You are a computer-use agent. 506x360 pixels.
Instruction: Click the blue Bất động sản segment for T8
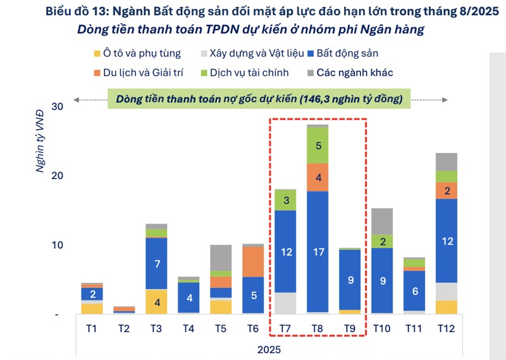click(x=318, y=251)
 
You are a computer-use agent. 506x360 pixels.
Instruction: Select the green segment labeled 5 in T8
click(x=318, y=146)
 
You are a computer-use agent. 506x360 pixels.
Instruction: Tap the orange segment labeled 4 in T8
click(x=318, y=177)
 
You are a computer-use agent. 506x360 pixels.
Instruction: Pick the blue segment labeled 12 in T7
click(x=285, y=251)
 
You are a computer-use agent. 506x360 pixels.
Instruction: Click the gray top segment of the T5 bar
click(x=221, y=258)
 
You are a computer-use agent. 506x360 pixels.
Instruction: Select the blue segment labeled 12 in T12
click(x=447, y=240)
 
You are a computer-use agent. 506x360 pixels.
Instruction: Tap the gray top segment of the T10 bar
click(x=382, y=221)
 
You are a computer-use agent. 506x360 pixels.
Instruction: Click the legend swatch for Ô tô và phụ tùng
click(x=97, y=54)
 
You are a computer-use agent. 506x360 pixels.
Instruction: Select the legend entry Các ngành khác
click(x=354, y=72)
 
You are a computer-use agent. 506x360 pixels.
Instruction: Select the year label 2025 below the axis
click(x=269, y=349)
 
